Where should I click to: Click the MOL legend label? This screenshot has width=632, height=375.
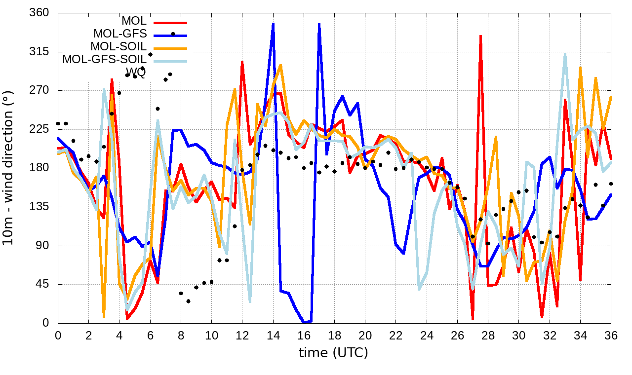pyautogui.click(x=134, y=21)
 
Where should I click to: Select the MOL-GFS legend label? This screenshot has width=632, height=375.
pyautogui.click(x=119, y=34)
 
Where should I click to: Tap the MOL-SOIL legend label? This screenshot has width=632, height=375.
pyautogui.click(x=118, y=47)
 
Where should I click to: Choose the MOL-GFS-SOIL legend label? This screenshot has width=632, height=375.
pyautogui.click(x=104, y=60)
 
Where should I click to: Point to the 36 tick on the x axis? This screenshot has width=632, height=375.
pyautogui.click(x=611, y=335)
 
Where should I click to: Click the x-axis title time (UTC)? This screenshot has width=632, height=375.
pyautogui.click(x=333, y=353)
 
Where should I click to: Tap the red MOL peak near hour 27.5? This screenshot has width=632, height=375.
pyautogui.click(x=480, y=36)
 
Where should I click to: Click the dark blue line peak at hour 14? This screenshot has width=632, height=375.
pyautogui.click(x=273, y=23)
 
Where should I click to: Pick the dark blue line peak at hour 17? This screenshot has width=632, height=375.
pyautogui.click(x=319, y=24)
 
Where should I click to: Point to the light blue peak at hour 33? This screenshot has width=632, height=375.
pyautogui.click(x=565, y=54)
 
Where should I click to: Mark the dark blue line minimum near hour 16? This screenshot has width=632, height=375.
pyautogui.click(x=305, y=323)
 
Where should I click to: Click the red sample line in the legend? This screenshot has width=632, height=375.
pyautogui.click(x=170, y=22)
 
